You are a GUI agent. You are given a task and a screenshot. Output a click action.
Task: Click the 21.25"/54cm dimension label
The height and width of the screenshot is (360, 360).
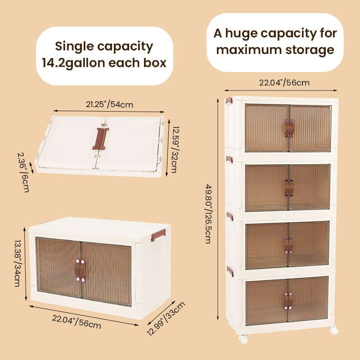pyautogui.click(x=109, y=104)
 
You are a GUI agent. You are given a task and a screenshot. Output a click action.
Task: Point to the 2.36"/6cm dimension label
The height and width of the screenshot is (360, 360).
pyautogui.click(x=23, y=172)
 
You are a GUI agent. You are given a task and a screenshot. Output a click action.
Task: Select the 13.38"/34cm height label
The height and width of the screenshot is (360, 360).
pyautogui.click(x=18, y=263)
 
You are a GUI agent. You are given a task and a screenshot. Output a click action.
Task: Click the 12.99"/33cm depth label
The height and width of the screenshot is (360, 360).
pyautogui.click(x=166, y=319)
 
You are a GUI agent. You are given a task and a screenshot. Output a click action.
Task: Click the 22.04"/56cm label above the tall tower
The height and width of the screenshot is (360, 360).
pyautogui.click(x=284, y=83)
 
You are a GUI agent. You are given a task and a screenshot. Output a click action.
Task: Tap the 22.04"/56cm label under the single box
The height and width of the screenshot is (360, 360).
pyautogui.click(x=76, y=322)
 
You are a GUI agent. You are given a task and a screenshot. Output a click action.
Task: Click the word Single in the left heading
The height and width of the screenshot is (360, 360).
pyautogui.click(x=74, y=47)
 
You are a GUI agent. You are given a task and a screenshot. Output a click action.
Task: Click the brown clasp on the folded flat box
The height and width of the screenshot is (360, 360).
pyautogui.click(x=100, y=139)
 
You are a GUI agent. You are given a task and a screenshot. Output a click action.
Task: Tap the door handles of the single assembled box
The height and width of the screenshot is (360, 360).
pyautogui.click(x=80, y=270)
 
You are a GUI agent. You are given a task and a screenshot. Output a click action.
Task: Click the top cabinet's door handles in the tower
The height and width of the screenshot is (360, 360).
pyautogui.click(x=289, y=128)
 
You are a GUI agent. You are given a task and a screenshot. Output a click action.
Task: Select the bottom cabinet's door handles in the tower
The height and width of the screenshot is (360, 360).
pyautogui.click(x=288, y=301)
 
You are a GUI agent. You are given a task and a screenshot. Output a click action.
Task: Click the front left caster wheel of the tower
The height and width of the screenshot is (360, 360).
pyautogui.click(x=243, y=339)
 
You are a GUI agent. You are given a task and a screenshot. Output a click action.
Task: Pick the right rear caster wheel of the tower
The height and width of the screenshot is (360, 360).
pyautogui.click(x=334, y=330)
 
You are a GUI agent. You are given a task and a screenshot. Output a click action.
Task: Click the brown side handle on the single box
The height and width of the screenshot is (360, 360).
pyautogui.click(x=158, y=235)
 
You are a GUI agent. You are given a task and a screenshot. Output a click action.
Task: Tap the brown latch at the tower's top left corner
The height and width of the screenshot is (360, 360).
pyautogui.click(x=229, y=100)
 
